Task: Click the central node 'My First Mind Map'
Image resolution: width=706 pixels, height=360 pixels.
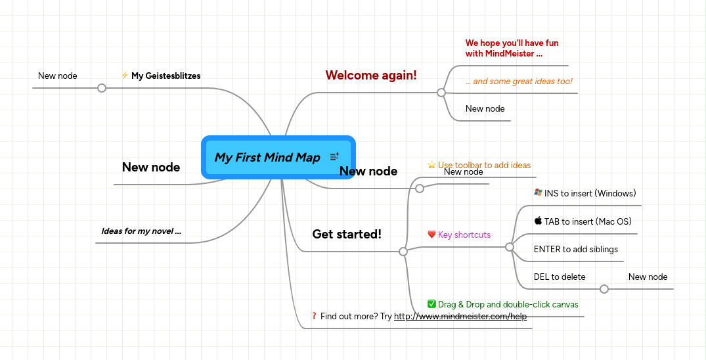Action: pos(267,158)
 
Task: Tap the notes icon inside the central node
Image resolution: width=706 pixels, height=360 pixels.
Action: pos(335,156)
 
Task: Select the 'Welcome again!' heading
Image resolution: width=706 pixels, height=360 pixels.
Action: pos(371,75)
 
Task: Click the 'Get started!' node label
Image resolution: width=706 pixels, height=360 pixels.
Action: pos(347,234)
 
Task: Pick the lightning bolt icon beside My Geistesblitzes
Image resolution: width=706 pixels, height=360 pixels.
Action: pos(125,76)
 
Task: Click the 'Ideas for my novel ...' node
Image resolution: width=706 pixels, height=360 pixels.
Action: pos(141,231)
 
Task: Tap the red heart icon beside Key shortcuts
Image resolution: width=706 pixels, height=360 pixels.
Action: pos(431,235)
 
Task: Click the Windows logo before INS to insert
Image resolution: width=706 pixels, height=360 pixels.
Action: pos(538,193)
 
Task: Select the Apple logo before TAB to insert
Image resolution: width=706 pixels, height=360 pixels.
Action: pos(538,221)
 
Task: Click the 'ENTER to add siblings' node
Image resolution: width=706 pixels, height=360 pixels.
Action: pos(575,250)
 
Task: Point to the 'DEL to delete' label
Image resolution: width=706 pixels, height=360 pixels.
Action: pos(560,277)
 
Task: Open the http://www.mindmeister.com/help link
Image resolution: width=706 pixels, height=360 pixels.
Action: pos(460,317)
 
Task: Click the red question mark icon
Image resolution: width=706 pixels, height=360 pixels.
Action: pos(315,317)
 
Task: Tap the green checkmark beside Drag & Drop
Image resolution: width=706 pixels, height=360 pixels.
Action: pos(431,304)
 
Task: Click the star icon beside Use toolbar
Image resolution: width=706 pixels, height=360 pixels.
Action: pos(431,165)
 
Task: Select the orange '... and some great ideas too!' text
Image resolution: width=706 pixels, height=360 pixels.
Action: pos(519,81)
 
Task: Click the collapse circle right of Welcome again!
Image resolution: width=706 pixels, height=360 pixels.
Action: pos(441,93)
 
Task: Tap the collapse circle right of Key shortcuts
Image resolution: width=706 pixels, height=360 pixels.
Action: pos(509,247)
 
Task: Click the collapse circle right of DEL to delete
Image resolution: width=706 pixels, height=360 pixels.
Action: pos(604,289)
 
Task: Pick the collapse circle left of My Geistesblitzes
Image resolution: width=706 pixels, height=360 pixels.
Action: pos(102,88)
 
